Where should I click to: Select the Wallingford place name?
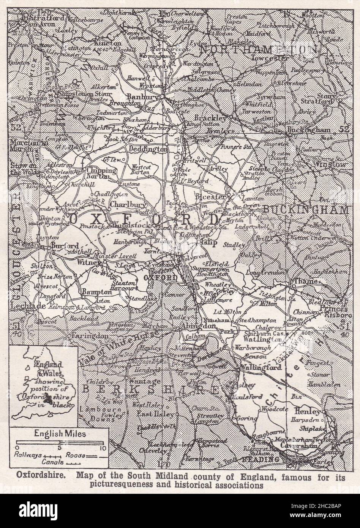tap(261, 367)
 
